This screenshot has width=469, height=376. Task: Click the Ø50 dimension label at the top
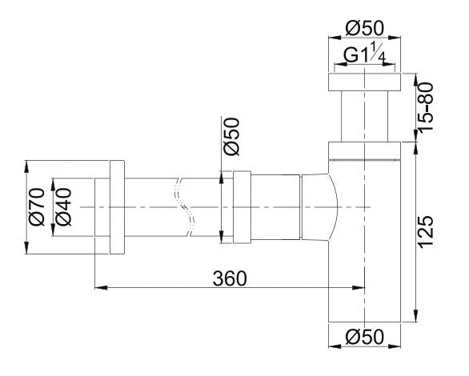click(364, 28)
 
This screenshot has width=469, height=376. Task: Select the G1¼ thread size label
click(364, 56)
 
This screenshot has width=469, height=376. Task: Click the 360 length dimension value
click(229, 277)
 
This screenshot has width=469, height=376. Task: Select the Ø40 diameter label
click(62, 206)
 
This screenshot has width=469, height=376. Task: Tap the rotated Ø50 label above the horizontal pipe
click(230, 138)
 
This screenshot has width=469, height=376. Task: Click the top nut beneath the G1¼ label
click(364, 82)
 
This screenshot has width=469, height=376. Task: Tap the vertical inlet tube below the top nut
click(364, 116)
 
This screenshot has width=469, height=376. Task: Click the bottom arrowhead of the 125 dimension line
click(416, 318)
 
